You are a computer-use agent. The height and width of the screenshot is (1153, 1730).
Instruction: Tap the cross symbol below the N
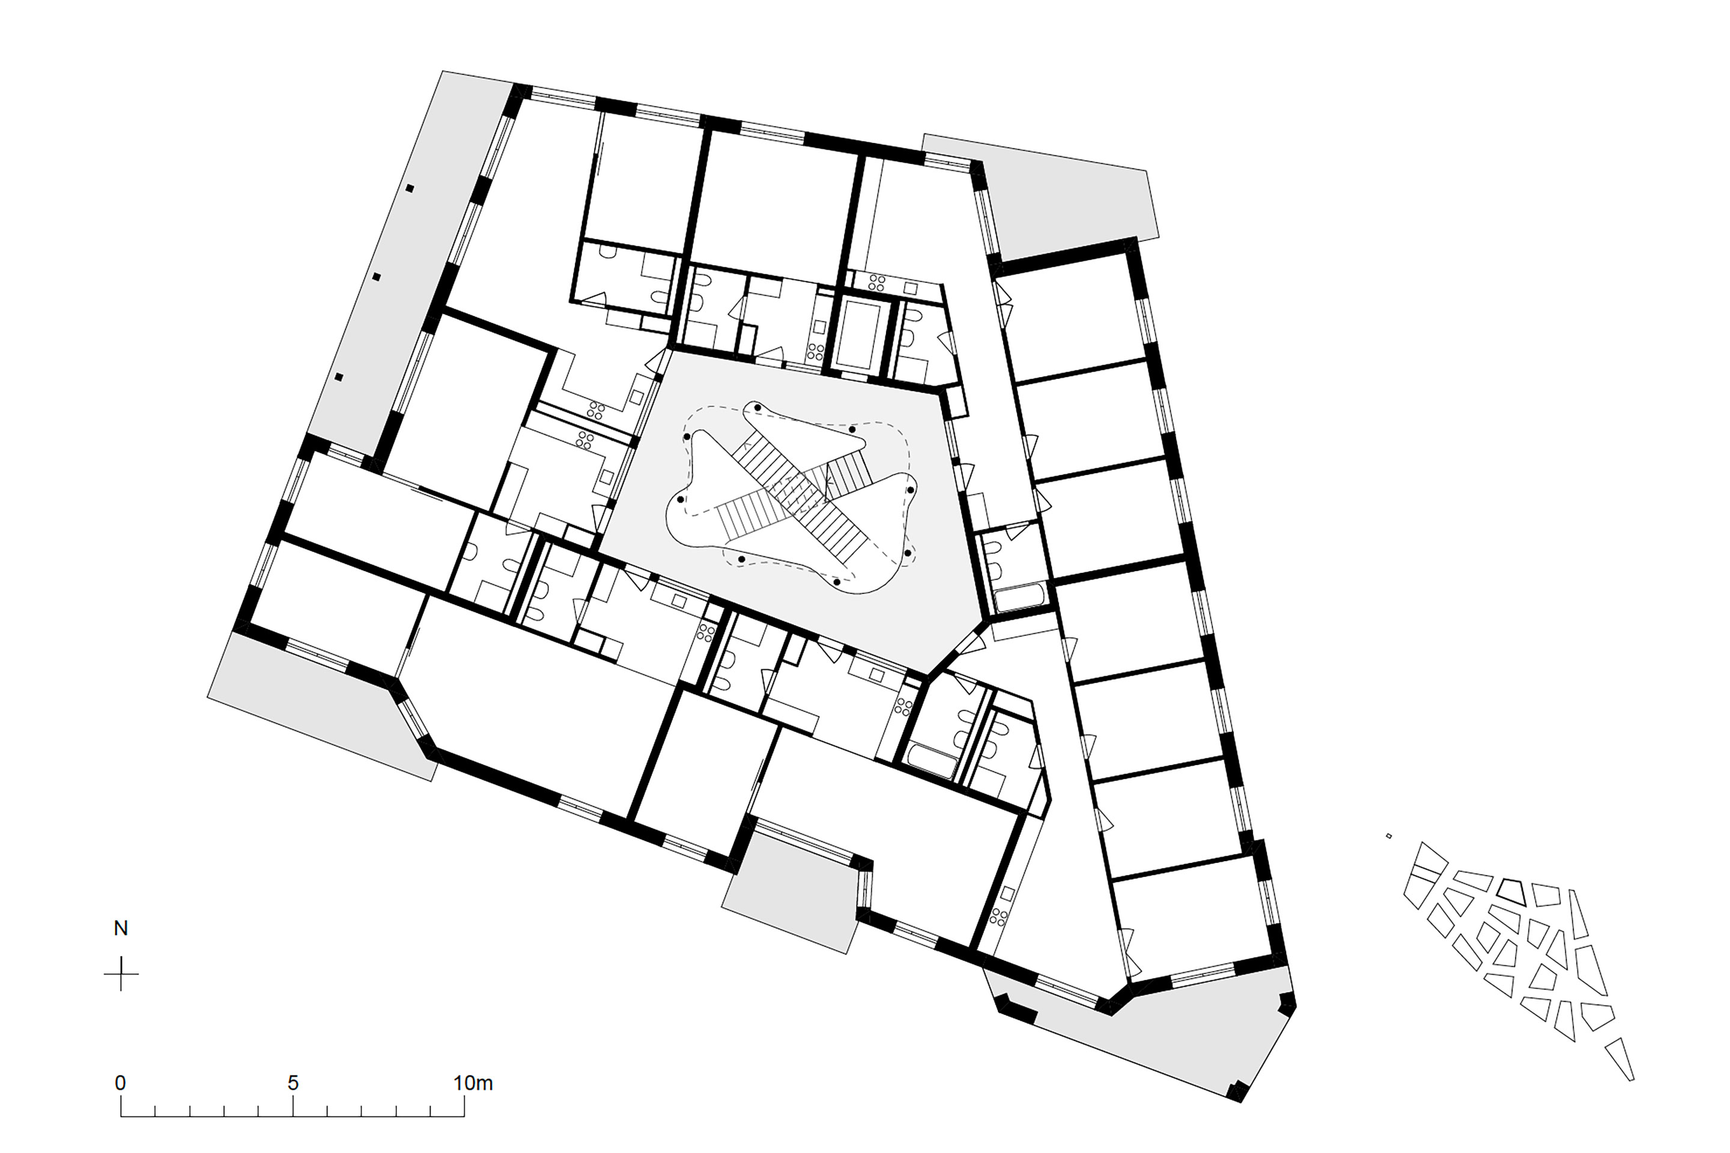click(121, 973)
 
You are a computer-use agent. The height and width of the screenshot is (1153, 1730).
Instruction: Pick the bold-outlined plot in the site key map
click(1513, 891)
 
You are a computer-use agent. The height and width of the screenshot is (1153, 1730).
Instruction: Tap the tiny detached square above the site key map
click(1389, 836)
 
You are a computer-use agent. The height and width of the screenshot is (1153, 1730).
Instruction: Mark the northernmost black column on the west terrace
click(410, 188)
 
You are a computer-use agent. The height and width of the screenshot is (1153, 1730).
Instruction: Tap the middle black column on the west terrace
click(376, 277)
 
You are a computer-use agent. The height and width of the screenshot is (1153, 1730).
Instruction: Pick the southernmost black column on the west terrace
click(339, 377)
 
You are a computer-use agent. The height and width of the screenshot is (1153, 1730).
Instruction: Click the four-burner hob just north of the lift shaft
click(877, 281)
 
